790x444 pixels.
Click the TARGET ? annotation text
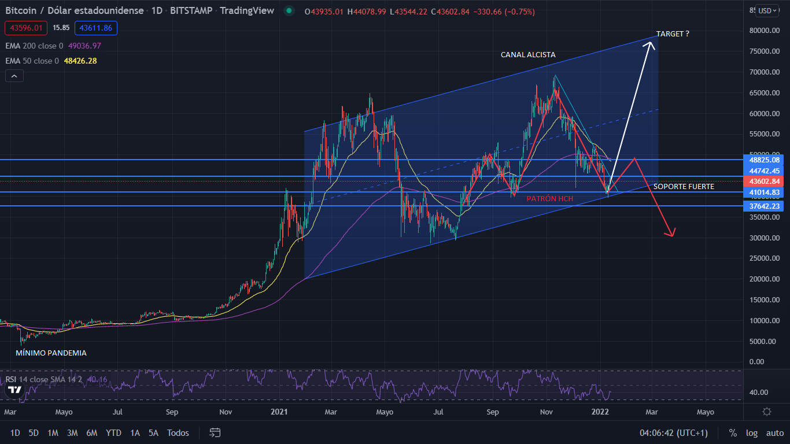pos(673,34)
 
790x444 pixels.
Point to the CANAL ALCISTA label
pos(528,55)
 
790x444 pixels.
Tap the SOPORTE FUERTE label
pos(684,187)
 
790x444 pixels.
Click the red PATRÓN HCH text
pos(549,199)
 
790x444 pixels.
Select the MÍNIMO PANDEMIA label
pos(51,353)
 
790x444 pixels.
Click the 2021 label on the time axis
pos(279,412)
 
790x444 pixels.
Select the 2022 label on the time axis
pos(600,412)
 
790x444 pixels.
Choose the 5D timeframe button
pos(34,432)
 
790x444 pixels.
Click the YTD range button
pos(114,432)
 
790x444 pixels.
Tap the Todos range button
pos(178,432)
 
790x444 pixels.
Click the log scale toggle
pos(752,432)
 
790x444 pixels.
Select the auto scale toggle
pos(775,432)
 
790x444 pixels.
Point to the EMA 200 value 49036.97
pos(84,46)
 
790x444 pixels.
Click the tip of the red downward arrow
pos(673,236)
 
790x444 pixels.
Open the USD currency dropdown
pos(767,10)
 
